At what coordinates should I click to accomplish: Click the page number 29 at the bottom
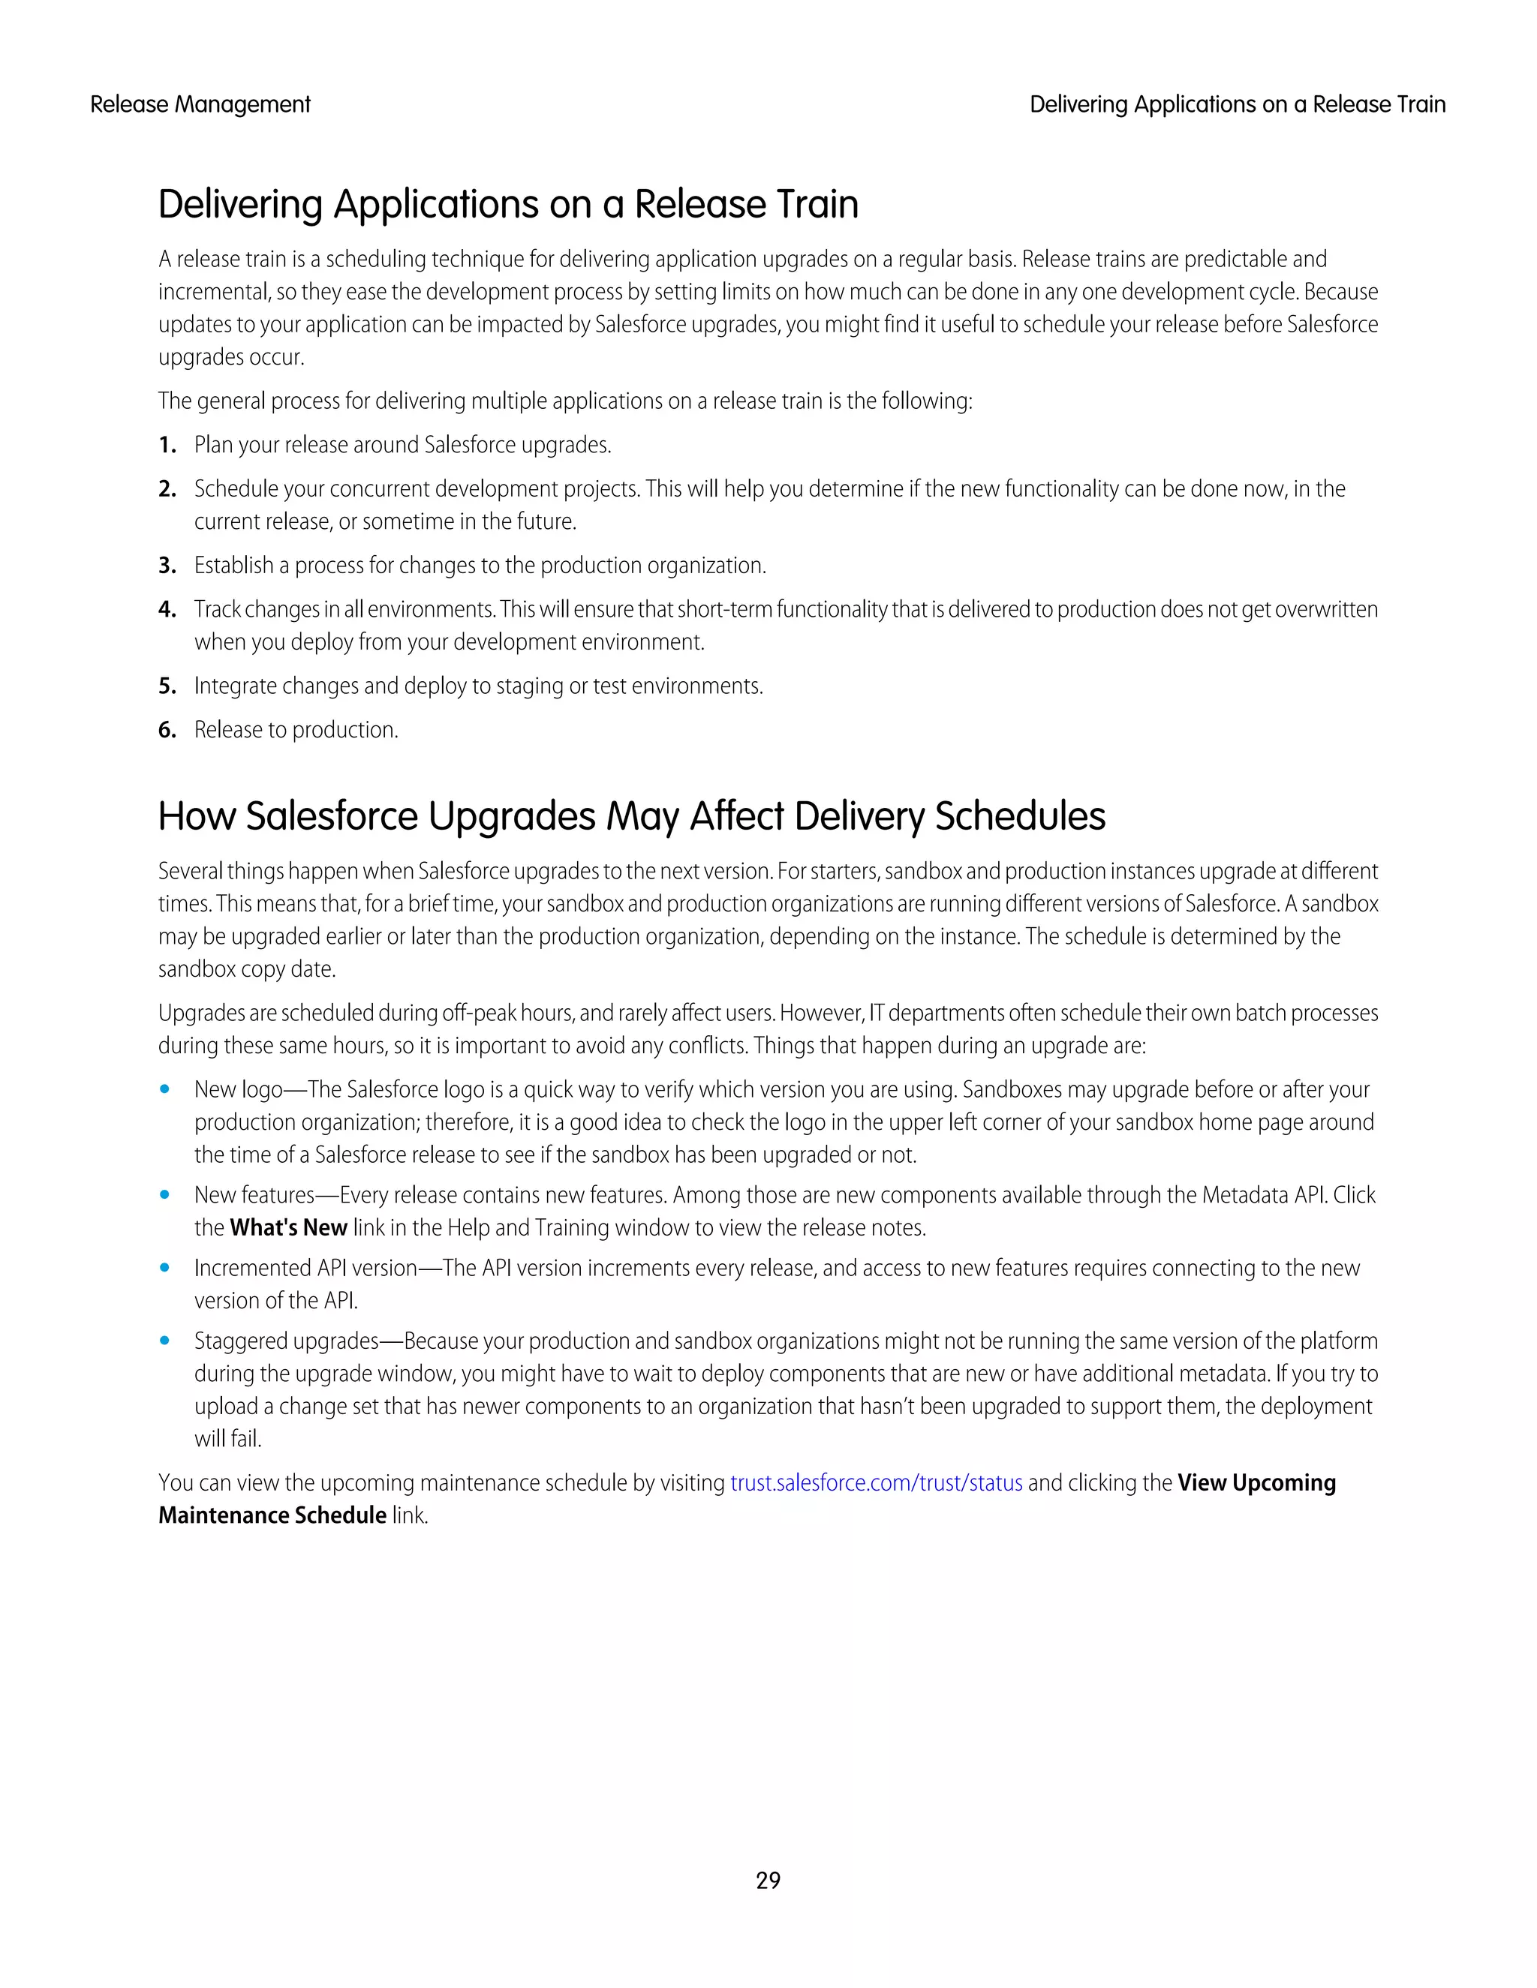pos(768,1880)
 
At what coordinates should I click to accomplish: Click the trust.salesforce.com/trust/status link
pos(876,1483)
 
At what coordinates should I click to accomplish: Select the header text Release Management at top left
pos(200,105)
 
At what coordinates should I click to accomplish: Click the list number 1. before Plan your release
pos(167,445)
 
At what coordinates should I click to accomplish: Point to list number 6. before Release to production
pos(167,730)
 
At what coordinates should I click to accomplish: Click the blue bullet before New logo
pos(165,1089)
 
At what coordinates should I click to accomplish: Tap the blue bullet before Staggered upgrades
pos(165,1341)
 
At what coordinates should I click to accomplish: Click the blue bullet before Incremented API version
pos(165,1268)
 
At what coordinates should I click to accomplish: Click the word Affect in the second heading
pos(735,816)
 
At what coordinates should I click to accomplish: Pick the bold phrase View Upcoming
pos(1256,1483)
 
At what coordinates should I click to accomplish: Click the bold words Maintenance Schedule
pos(272,1515)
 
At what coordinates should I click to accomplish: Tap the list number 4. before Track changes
pos(167,609)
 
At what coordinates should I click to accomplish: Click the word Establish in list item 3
pos(233,566)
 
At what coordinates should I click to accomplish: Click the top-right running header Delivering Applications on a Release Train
pos(1237,105)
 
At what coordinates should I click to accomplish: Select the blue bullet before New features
pos(165,1195)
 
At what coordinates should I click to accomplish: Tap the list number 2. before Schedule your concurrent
pos(167,489)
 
